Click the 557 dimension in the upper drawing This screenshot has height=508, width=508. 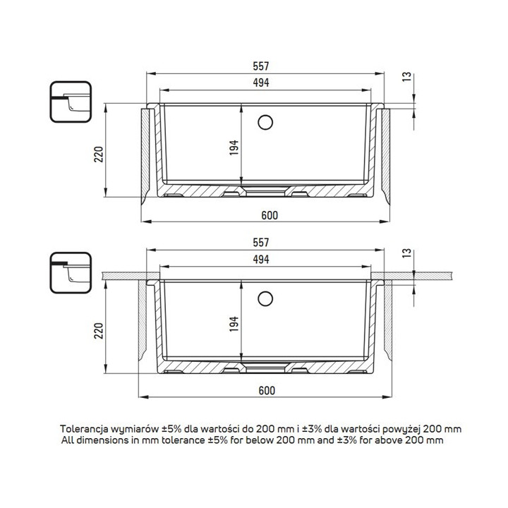(261, 66)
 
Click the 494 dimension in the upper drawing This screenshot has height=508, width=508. (261, 83)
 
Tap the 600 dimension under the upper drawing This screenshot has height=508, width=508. (270, 215)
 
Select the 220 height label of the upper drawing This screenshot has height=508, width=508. (99, 155)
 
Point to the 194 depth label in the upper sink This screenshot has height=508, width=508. (234, 147)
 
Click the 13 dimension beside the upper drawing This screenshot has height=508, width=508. (407, 77)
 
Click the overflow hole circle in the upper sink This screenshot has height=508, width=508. (265, 123)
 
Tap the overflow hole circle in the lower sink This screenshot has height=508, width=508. (265, 298)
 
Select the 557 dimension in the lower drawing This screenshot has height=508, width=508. (261, 242)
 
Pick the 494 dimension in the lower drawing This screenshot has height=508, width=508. (261, 259)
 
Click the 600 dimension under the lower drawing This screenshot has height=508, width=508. (267, 391)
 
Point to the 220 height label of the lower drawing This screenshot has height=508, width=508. (99, 331)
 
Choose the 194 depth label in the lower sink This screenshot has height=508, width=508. (234, 324)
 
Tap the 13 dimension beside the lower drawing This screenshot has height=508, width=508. (407, 253)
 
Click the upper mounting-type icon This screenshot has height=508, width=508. (71, 102)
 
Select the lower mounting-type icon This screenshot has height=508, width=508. (71, 273)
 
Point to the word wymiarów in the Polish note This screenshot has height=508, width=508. (135, 429)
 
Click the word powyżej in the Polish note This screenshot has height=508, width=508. (401, 430)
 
